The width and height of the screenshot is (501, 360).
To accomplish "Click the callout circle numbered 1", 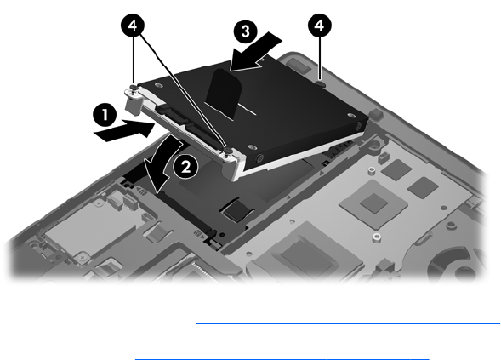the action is (x=105, y=115).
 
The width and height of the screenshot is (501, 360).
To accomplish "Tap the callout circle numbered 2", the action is (x=186, y=167).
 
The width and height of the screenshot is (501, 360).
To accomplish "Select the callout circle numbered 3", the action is (x=245, y=31).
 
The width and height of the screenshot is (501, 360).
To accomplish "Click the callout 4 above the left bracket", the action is (x=133, y=26).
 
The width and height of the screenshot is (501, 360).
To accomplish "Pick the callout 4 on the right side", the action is (x=320, y=26).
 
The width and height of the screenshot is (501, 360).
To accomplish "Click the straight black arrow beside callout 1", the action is (x=124, y=130).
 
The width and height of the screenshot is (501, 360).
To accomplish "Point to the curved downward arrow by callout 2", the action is (x=164, y=163).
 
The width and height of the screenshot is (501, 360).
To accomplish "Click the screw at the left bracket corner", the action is (x=134, y=89).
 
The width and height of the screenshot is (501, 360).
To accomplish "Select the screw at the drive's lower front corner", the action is (x=228, y=151).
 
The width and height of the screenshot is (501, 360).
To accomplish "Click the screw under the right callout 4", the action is (x=321, y=83).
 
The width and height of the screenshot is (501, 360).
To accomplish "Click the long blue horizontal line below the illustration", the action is (x=348, y=324).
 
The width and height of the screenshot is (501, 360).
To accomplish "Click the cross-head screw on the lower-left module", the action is (x=83, y=256).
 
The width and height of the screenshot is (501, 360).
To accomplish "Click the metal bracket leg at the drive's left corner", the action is (x=133, y=104).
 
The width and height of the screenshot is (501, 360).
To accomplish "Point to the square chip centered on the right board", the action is (x=373, y=203).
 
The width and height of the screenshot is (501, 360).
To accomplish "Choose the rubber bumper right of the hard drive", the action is (x=376, y=114).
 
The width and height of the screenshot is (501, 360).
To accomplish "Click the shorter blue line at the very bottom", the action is (x=282, y=359).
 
